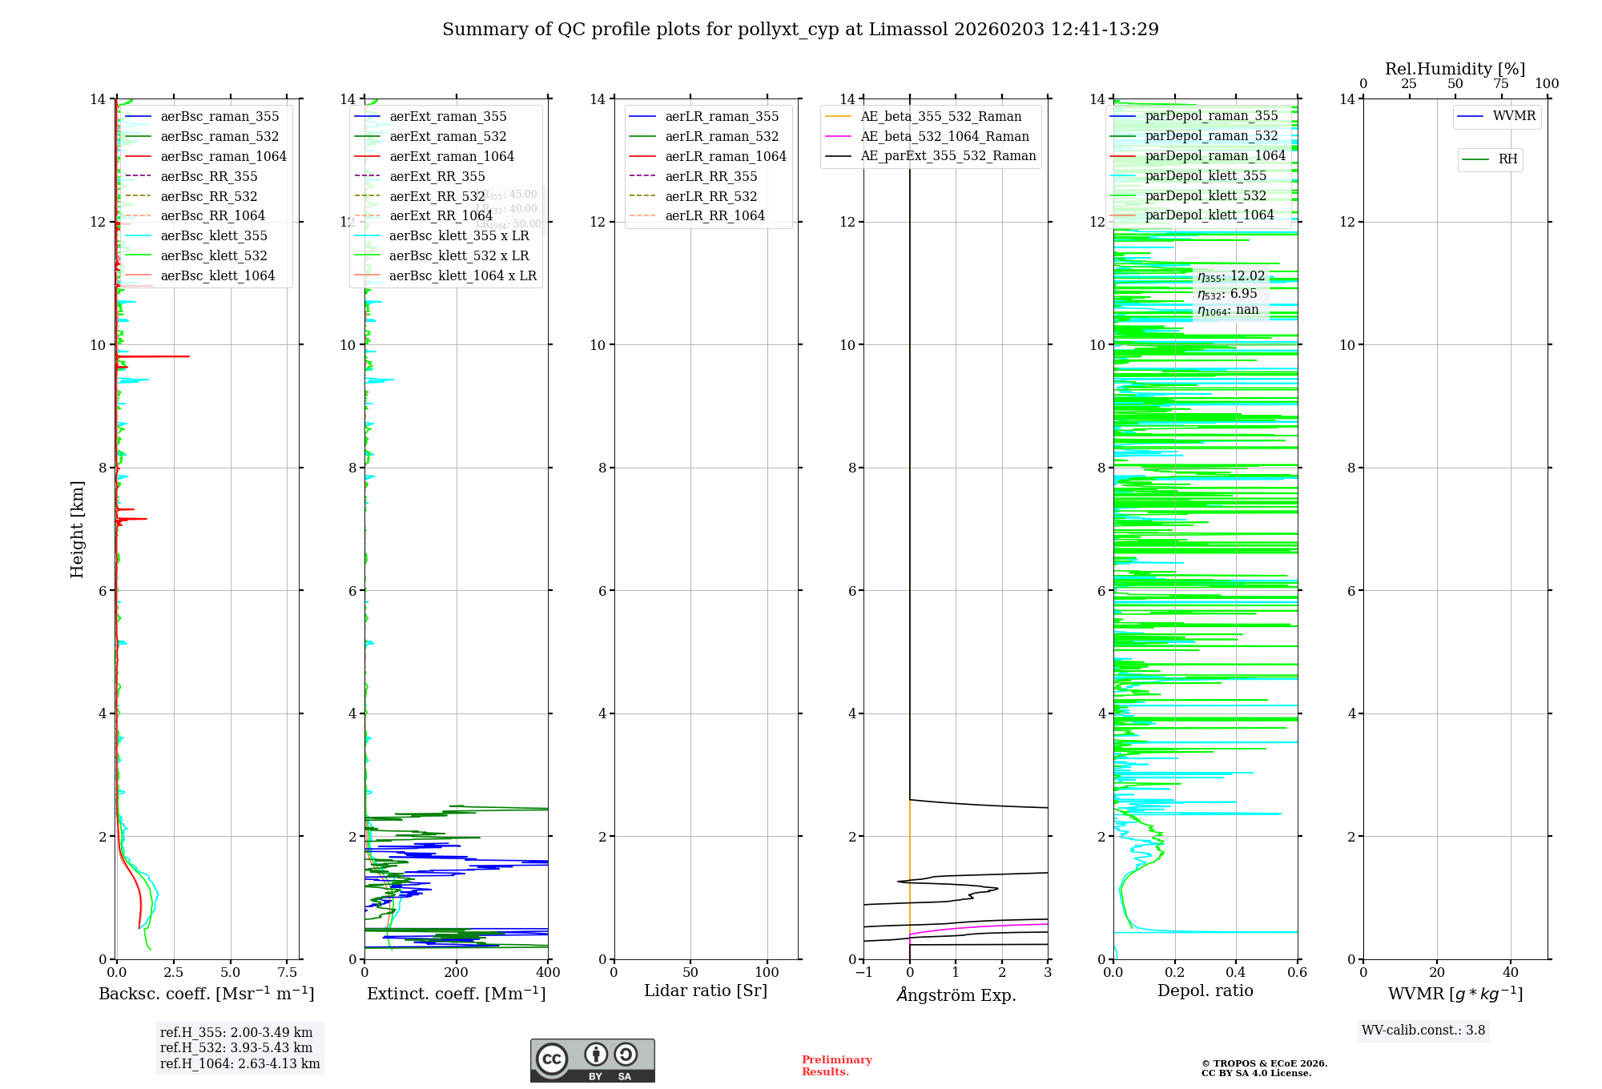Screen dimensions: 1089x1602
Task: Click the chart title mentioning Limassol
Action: tap(800, 30)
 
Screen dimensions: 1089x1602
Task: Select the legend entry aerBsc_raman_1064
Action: tap(223, 156)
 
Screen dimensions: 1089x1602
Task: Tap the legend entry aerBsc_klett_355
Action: tap(213, 235)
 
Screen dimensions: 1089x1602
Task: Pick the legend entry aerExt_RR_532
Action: tap(437, 196)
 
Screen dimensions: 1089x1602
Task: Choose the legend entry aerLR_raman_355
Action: tap(721, 117)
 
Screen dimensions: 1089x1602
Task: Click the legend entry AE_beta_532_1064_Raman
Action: tap(944, 136)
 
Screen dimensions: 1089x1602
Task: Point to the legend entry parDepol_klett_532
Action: tap(1205, 195)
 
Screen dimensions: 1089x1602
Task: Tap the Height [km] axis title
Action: tap(77, 528)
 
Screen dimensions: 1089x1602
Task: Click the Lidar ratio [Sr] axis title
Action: tap(705, 991)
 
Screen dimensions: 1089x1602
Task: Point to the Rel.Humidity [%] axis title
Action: tap(1455, 69)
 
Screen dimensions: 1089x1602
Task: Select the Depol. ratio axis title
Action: tap(1205, 991)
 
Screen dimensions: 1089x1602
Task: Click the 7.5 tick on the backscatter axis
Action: tap(288, 973)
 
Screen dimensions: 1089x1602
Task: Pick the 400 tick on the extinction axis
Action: tap(548, 973)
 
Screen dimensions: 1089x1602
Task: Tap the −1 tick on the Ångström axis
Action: tap(863, 973)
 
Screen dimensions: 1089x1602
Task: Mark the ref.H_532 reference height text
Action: tap(236, 1048)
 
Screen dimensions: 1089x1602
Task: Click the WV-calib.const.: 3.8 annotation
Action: tap(1423, 1031)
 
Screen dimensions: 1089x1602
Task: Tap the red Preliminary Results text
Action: tap(836, 1066)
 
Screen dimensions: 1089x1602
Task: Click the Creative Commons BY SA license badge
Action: tap(592, 1061)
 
